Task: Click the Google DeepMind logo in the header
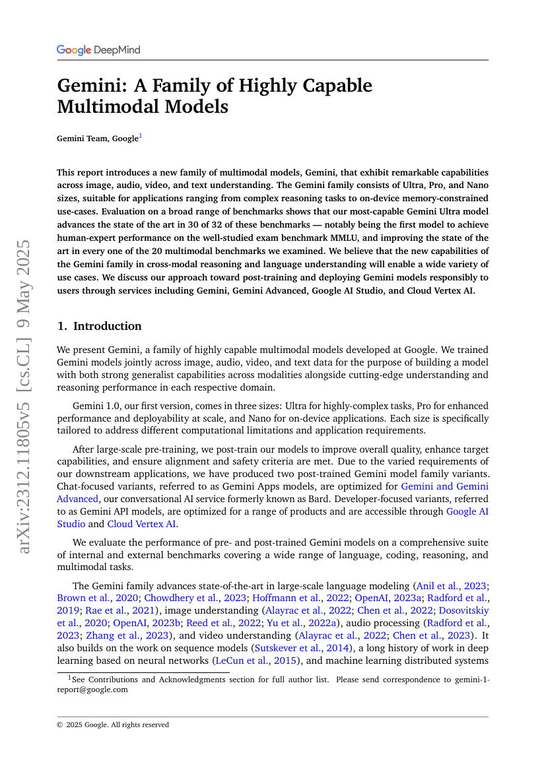pyautogui.click(x=98, y=50)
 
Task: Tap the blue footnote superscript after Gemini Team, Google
pyautogui.click(x=140, y=137)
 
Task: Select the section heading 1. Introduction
pyautogui.click(x=99, y=326)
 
